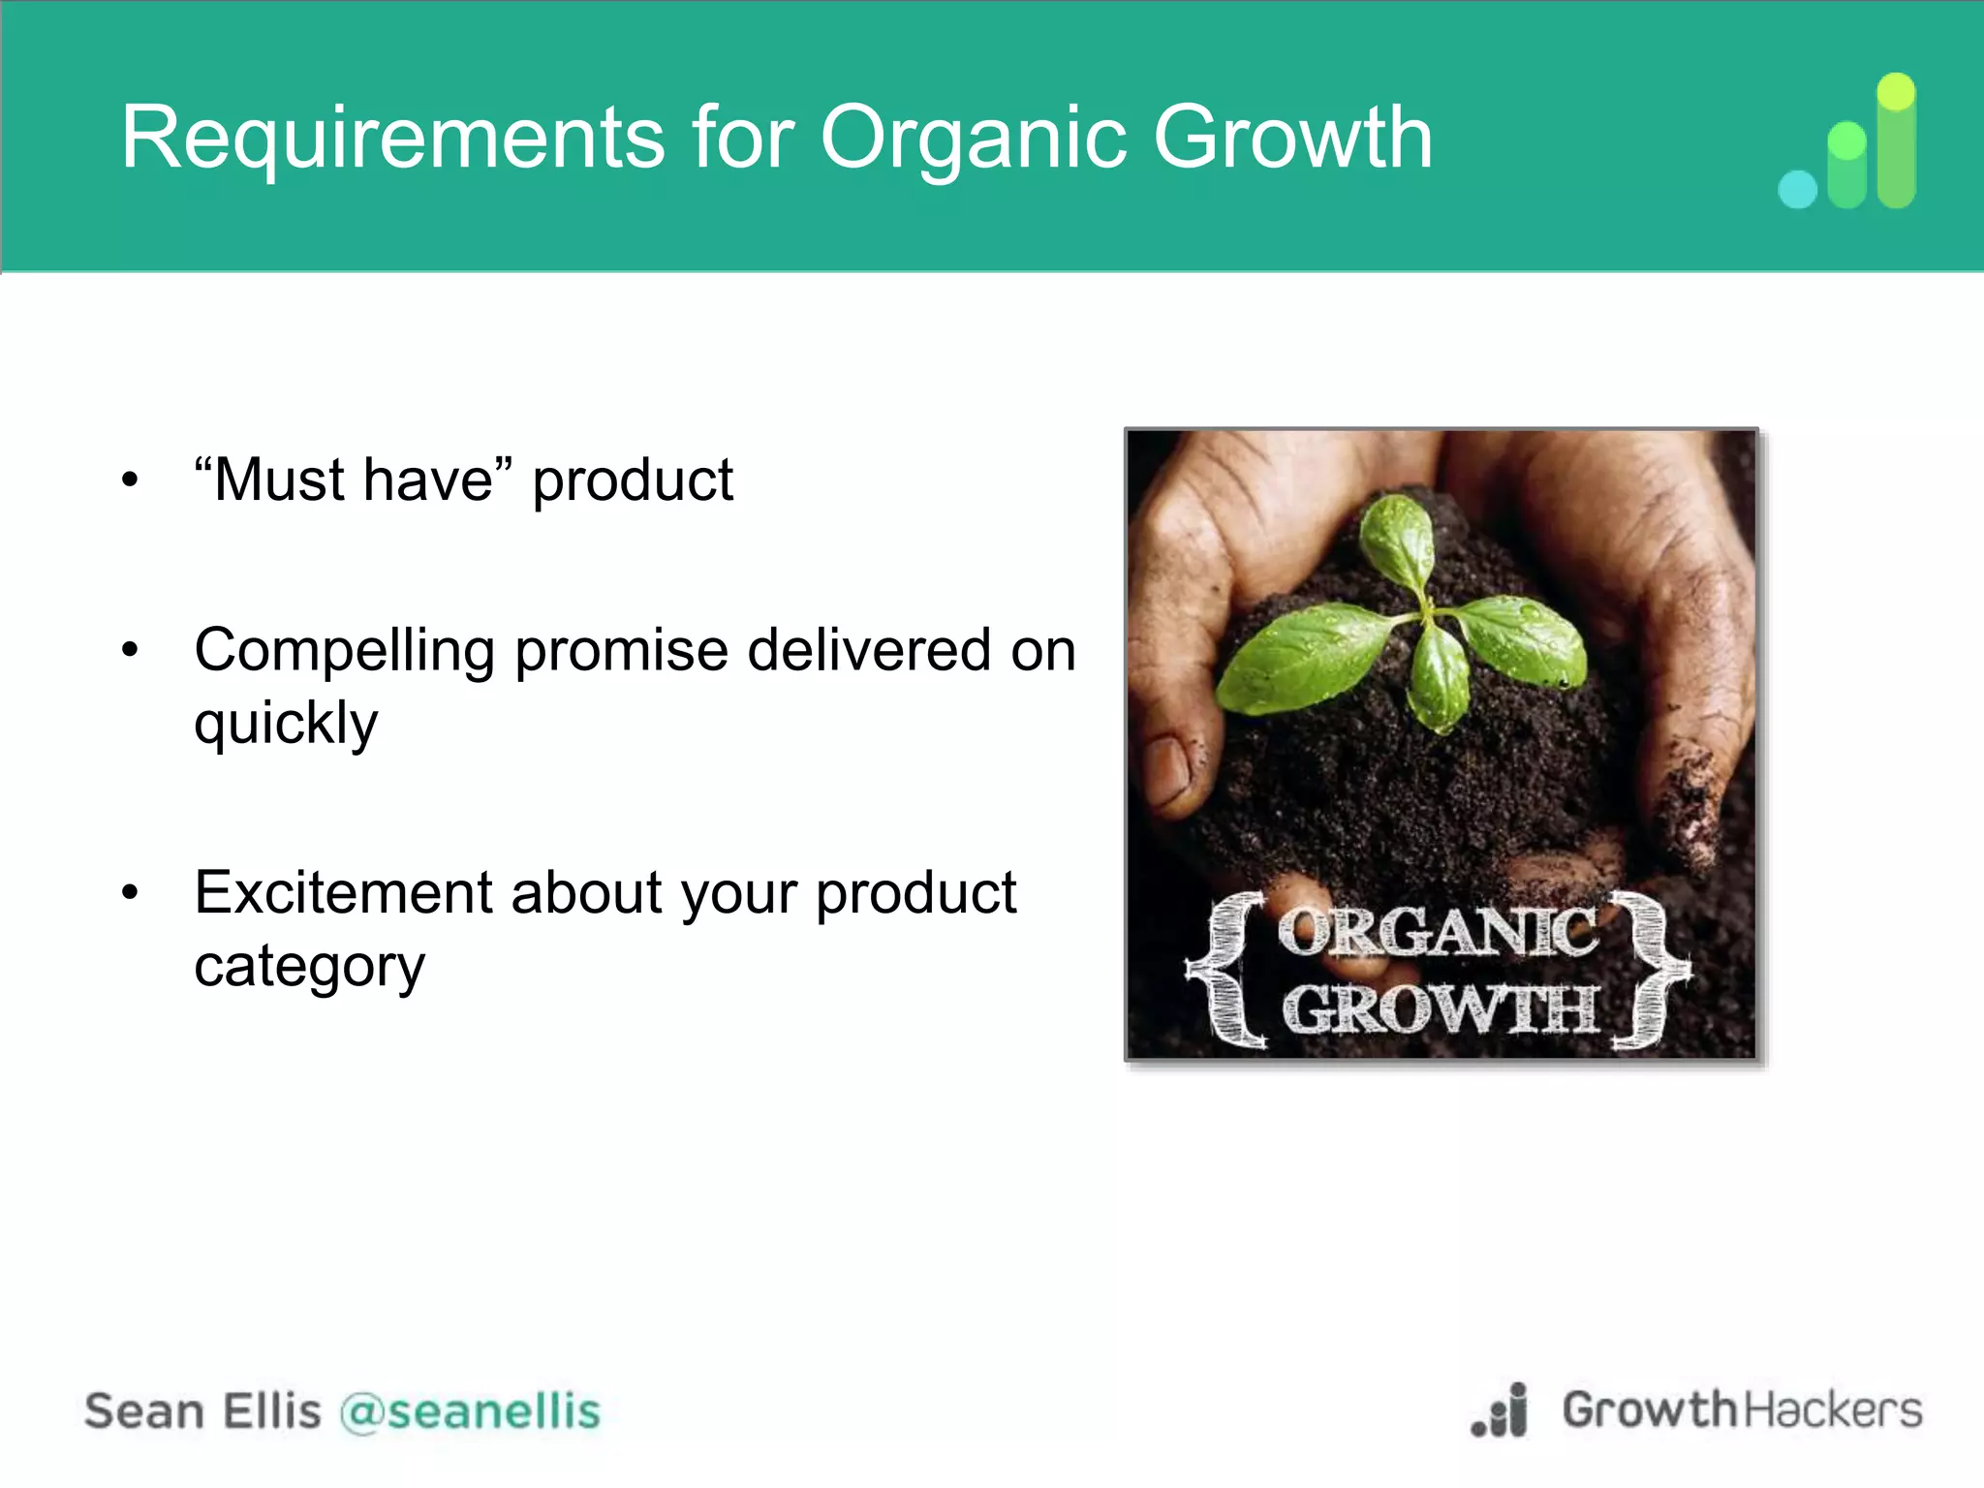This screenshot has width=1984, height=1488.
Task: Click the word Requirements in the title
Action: (392, 139)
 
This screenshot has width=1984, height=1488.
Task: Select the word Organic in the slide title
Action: (974, 139)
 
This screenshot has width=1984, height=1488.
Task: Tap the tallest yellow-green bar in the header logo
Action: (1896, 140)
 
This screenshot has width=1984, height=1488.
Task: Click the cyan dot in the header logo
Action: (1798, 189)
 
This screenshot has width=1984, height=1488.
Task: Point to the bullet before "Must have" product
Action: (130, 480)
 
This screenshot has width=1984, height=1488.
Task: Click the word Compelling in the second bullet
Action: (344, 651)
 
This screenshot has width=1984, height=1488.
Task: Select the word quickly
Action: (286, 725)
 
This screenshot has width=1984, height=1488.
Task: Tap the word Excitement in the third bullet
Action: (343, 892)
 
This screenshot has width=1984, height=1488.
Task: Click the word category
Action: (309, 967)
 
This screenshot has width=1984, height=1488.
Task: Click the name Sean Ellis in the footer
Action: (202, 1411)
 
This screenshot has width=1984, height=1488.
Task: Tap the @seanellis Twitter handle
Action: (470, 1411)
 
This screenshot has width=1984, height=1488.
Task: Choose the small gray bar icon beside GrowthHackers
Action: (1501, 1412)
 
